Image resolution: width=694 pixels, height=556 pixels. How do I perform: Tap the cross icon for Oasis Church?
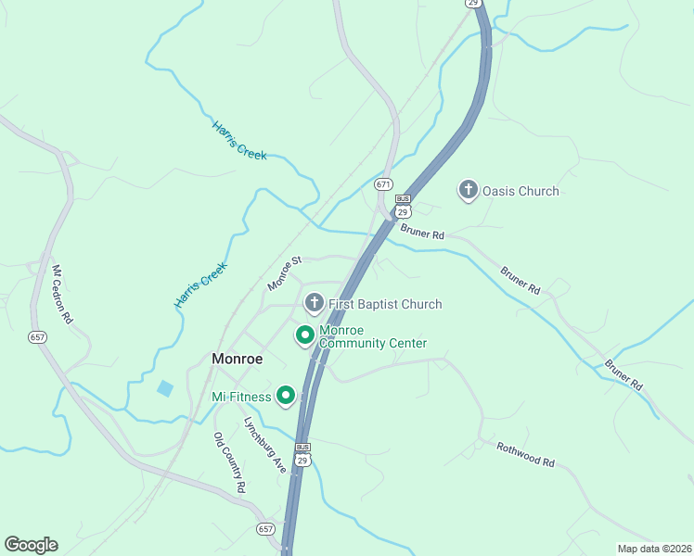pyautogui.click(x=469, y=191)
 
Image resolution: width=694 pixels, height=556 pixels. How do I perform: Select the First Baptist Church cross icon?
pyautogui.click(x=315, y=302)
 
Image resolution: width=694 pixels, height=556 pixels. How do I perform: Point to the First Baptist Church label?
pyautogui.click(x=385, y=304)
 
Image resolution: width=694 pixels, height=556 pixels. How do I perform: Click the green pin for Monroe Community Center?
pyautogui.click(x=304, y=335)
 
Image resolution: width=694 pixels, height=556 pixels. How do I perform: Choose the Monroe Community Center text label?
pyautogui.click(x=372, y=336)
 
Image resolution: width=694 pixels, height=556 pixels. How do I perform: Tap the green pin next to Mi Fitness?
pyautogui.click(x=286, y=397)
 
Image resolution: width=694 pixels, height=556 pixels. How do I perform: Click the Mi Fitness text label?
pyautogui.click(x=241, y=398)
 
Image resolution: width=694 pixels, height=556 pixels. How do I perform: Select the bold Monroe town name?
pyautogui.click(x=237, y=359)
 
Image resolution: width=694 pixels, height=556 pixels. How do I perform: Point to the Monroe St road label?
pyautogui.click(x=285, y=274)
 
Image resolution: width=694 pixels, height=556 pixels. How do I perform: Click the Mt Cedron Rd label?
pyautogui.click(x=62, y=295)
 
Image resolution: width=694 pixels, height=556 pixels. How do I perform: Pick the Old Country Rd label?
pyautogui.click(x=229, y=462)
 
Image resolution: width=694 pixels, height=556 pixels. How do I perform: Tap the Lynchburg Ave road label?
pyautogui.click(x=264, y=445)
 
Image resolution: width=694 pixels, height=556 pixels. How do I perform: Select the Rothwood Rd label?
pyautogui.click(x=524, y=454)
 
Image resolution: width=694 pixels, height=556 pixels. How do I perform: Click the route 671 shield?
pyautogui.click(x=384, y=184)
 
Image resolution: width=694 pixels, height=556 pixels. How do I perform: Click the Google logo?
pyautogui.click(x=31, y=545)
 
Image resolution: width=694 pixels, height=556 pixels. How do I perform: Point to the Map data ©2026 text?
pyautogui.click(x=653, y=547)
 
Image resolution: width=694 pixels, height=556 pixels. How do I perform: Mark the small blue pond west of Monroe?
pyautogui.click(x=165, y=388)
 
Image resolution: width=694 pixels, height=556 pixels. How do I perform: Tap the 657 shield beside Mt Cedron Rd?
pyautogui.click(x=37, y=337)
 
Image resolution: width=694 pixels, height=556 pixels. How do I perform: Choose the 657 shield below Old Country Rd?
pyautogui.click(x=266, y=528)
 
